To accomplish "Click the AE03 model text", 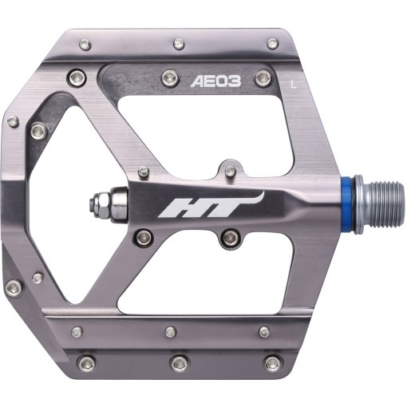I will (x=209, y=81).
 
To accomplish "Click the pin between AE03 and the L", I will (x=260, y=79).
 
